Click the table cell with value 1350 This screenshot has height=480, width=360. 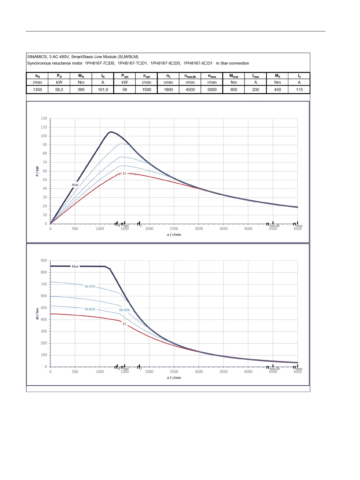(37, 90)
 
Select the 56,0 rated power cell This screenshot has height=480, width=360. (59, 90)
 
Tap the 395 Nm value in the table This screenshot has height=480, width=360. (81, 90)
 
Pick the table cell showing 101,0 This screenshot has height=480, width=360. (103, 90)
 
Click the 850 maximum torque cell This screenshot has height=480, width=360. (234, 90)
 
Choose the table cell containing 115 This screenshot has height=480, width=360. (299, 90)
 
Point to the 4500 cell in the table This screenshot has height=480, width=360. (190, 90)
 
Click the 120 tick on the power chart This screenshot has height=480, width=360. (44, 119)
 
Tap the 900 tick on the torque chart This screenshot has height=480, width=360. (44, 261)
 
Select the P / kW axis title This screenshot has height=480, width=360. (37, 171)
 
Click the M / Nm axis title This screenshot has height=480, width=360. (37, 314)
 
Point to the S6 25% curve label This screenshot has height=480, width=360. (90, 286)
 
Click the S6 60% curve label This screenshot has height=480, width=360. (90, 309)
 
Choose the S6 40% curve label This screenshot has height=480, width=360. (124, 310)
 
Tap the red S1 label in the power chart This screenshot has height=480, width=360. (124, 174)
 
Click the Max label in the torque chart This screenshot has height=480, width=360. (75, 266)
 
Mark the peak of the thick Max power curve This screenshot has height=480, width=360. (111, 132)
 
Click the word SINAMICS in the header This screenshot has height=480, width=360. (37, 57)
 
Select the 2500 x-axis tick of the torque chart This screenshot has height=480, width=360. (174, 372)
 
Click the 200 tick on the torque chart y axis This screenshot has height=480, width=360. (44, 343)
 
